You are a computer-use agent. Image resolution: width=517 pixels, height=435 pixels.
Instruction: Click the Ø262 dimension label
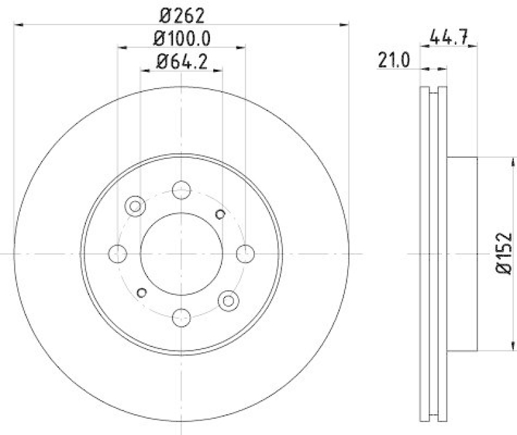click(x=182, y=13)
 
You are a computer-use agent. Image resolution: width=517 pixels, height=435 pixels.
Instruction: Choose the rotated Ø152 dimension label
click(x=503, y=253)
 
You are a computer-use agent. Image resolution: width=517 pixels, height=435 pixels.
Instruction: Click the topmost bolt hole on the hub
click(x=182, y=190)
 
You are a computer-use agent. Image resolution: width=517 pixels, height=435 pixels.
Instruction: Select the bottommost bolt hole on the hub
click(x=182, y=317)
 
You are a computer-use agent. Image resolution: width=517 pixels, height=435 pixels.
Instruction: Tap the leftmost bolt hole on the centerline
click(x=118, y=254)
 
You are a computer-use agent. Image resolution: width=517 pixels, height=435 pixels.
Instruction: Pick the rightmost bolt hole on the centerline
click(x=245, y=254)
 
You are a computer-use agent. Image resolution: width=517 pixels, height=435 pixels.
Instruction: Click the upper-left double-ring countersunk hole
click(x=136, y=207)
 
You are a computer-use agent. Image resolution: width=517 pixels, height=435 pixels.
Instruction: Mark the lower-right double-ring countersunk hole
click(x=227, y=299)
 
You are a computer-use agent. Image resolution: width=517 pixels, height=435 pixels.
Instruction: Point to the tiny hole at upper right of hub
click(x=220, y=214)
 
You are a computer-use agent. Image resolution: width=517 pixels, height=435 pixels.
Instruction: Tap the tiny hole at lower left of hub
click(x=142, y=293)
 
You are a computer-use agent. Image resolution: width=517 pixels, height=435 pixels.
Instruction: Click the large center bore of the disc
click(x=182, y=254)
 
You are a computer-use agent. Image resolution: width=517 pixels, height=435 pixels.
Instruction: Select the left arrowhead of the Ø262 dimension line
click(x=17, y=25)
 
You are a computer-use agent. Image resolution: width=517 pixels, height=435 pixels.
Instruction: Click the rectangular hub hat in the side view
click(x=462, y=253)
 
